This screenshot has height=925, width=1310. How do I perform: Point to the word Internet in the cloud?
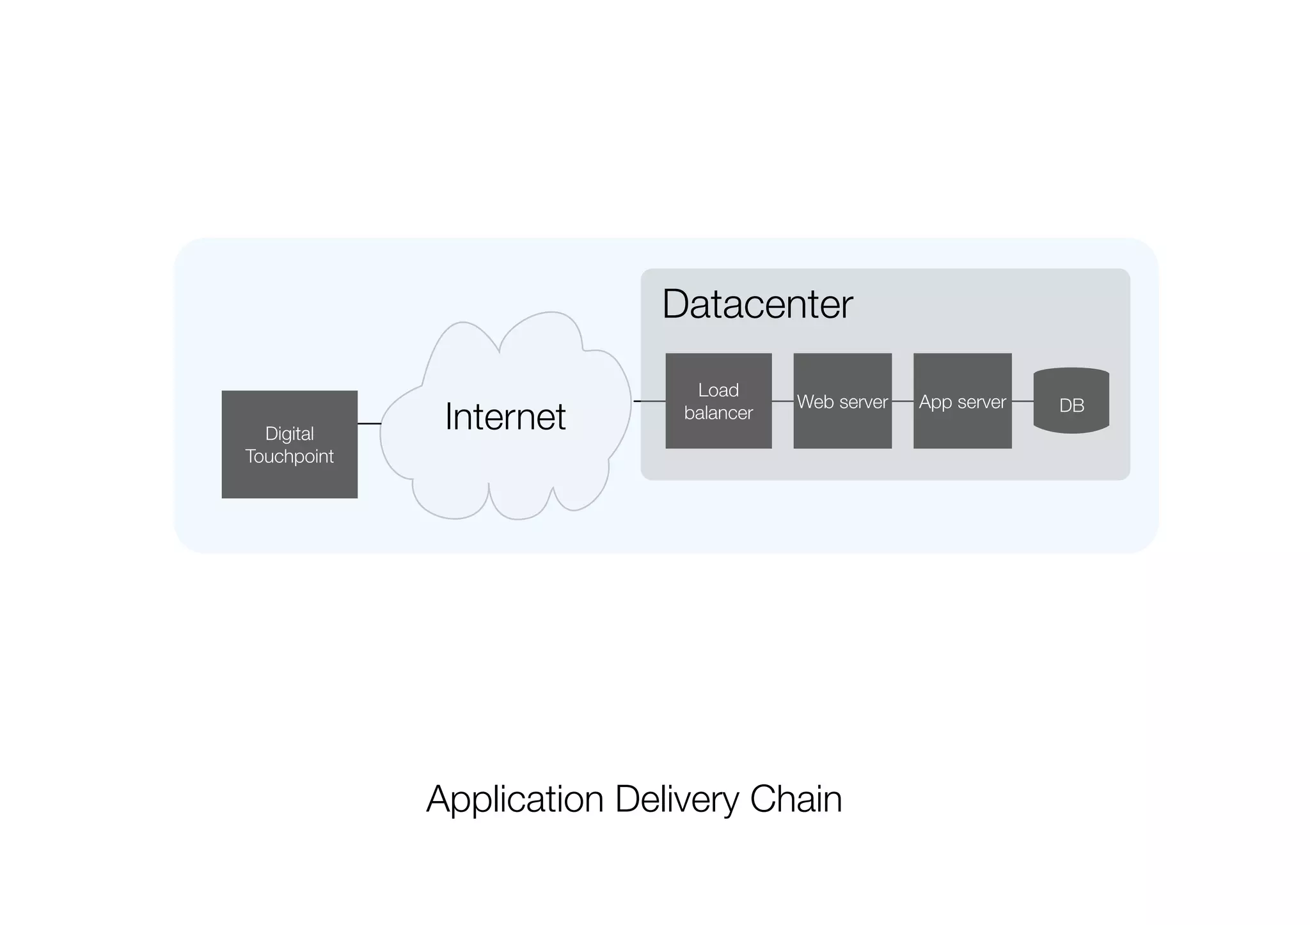[505, 417]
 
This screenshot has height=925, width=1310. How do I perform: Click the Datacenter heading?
[757, 304]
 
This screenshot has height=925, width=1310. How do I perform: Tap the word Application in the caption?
[515, 799]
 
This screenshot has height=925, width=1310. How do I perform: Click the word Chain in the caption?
[796, 799]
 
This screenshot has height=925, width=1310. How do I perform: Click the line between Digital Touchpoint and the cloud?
[369, 423]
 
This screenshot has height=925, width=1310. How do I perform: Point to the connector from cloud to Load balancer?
[649, 401]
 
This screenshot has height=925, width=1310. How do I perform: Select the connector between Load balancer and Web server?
[782, 401]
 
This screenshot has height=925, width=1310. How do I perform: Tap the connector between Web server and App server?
[902, 401]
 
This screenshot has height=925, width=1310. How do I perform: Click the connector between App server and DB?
[1022, 401]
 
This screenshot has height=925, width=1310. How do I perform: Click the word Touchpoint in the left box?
[289, 456]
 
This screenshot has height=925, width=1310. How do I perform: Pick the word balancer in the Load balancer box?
[718, 413]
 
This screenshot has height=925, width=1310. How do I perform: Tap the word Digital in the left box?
[289, 433]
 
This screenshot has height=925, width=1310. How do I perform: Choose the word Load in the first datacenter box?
[718, 390]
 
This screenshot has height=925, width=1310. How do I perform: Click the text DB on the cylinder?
[1071, 405]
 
